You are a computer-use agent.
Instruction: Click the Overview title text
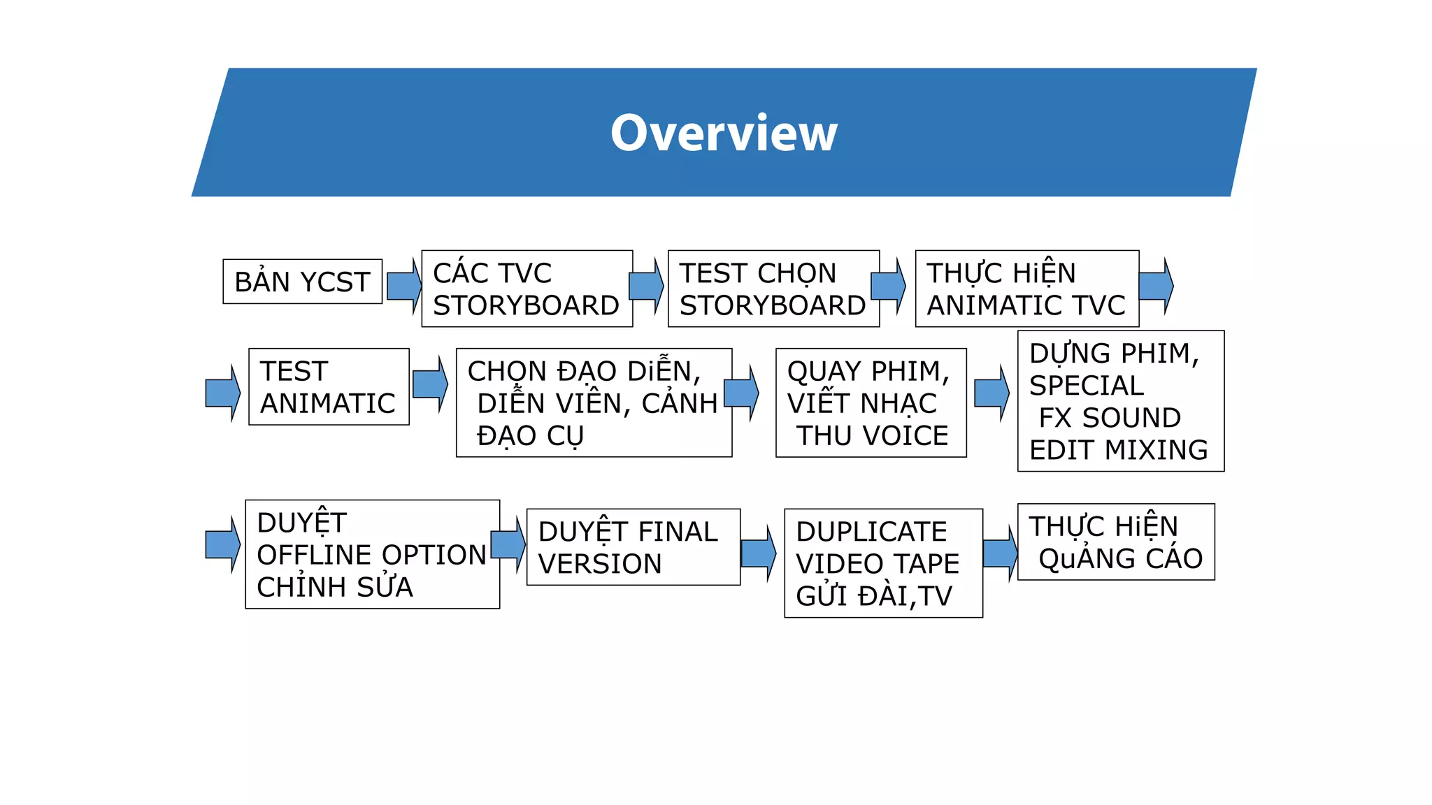point(724,133)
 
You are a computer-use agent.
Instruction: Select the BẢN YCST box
point(302,282)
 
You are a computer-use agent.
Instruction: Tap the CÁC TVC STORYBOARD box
point(527,289)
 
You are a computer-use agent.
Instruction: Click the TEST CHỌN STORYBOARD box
point(773,289)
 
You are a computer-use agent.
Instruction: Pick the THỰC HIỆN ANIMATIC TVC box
point(1026,289)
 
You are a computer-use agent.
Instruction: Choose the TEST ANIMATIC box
point(329,386)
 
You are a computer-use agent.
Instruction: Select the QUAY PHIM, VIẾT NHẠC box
point(871,402)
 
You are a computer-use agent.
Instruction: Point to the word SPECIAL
point(1086,386)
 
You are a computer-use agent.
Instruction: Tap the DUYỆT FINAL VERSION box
point(633,547)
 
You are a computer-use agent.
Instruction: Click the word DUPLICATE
point(871,532)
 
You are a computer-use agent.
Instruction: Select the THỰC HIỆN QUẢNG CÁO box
point(1116,542)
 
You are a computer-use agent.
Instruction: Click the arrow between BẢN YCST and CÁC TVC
point(403,285)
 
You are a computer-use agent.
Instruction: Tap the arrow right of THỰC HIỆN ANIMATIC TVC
point(1156,285)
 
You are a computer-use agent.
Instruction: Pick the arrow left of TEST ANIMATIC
point(222,393)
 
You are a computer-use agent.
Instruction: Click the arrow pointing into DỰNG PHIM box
point(991,393)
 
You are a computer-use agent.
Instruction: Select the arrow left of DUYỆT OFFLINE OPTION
point(222,544)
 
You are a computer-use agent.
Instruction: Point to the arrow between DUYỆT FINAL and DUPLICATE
point(758,553)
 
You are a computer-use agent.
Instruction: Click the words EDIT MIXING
point(1118,450)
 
